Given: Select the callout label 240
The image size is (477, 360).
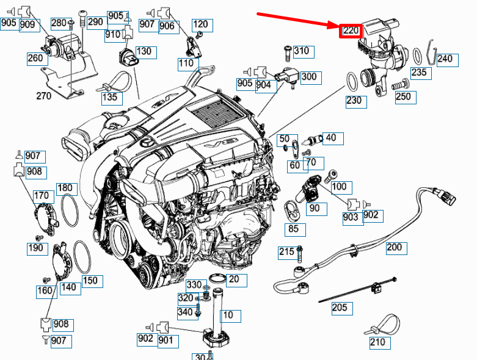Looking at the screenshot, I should tap(445, 59).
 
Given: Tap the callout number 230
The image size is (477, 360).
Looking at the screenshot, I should tap(354, 100).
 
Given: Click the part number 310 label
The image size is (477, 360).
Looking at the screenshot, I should tap(301, 51).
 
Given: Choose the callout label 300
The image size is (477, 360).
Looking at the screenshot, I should tap(309, 76).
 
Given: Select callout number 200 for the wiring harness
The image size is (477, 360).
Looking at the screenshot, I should tap(395, 247).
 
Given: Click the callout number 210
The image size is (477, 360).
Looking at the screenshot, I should tap(377, 342).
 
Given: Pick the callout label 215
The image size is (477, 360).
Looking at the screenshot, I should tap(286, 251).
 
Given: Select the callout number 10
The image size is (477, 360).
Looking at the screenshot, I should tap(227, 315).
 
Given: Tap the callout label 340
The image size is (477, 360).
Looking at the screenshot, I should tap(185, 312).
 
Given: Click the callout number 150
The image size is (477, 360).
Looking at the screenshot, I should tap(89, 280).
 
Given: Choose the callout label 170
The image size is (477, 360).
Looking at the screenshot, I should tap(41, 196).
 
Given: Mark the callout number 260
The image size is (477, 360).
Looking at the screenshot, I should tap(35, 58).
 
